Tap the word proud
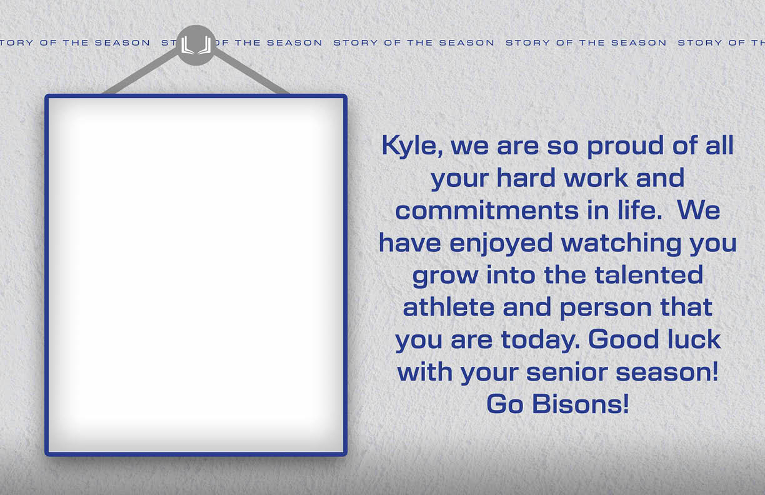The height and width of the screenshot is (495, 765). (x=626, y=146)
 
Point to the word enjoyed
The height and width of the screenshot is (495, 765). (x=501, y=243)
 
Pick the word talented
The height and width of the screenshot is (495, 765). (x=649, y=275)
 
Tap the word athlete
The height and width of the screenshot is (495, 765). (x=448, y=307)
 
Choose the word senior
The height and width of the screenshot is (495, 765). (x=567, y=372)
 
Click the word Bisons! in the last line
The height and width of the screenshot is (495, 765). (x=580, y=404)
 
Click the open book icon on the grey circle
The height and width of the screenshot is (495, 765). (x=196, y=46)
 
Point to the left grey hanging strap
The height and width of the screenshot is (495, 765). (x=141, y=72)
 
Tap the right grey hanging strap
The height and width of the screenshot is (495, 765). (x=251, y=72)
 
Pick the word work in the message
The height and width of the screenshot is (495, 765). (x=596, y=177)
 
